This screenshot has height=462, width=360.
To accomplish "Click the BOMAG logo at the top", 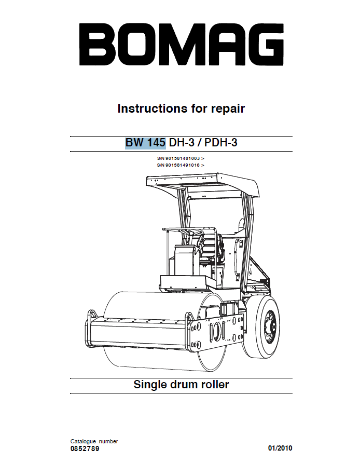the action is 182,44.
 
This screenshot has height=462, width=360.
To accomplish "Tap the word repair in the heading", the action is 228,109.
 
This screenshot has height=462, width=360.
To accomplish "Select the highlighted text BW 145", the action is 145,143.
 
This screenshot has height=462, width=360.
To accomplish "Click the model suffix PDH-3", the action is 221,143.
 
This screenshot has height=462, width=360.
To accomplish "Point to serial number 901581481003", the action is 183,158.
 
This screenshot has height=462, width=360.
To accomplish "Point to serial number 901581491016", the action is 183,165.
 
